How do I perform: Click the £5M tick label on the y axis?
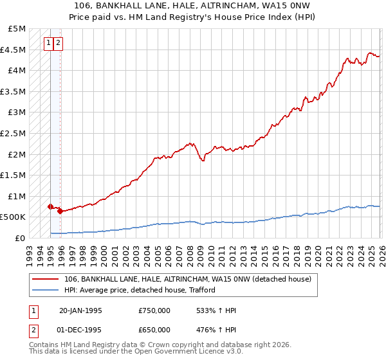pyautogui.click(x=17, y=29)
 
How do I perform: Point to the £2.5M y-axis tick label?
pyautogui.click(x=14, y=133)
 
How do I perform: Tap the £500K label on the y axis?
pyautogui.click(x=14, y=217)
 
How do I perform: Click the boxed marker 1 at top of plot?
pyautogui.click(x=49, y=43)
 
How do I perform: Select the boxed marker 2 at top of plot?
pyautogui.click(x=59, y=43)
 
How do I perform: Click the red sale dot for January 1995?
pyautogui.click(x=50, y=206)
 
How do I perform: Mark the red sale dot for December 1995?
pyautogui.click(x=60, y=211)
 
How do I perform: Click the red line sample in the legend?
pyautogui.click(x=46, y=279)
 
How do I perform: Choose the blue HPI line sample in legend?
pyautogui.click(x=46, y=289)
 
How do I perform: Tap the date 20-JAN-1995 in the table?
pyautogui.click(x=80, y=310)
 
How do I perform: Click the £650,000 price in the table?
pyautogui.click(x=154, y=329)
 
